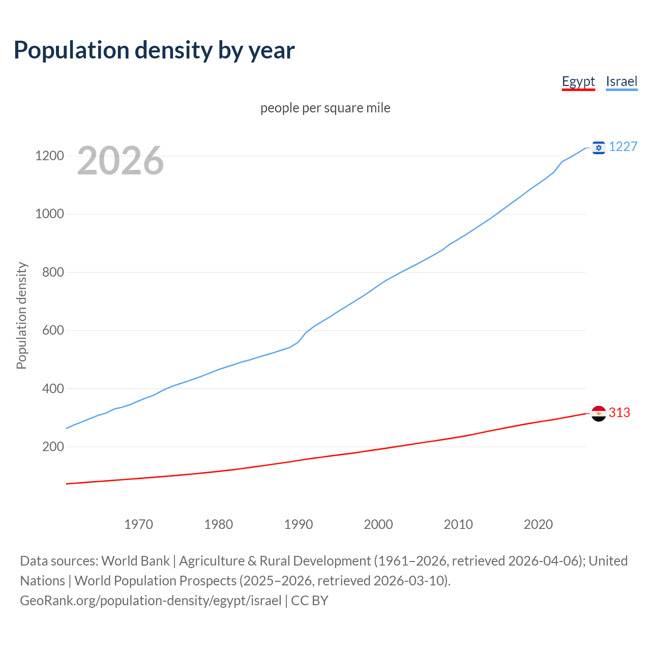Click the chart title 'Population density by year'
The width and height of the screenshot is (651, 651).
point(154,50)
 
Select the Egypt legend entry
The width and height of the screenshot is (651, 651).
point(578,81)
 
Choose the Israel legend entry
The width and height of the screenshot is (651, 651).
point(622,81)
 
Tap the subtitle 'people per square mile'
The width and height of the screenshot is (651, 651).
point(325,108)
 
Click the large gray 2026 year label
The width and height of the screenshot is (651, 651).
point(121,161)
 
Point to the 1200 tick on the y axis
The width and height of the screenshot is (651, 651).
point(49,156)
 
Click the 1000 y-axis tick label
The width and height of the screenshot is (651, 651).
point(49,214)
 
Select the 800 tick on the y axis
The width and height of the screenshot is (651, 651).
point(52,272)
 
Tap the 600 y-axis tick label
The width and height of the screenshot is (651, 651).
point(52,331)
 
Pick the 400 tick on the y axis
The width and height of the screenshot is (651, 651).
point(52,389)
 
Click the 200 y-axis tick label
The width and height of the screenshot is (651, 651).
point(52,447)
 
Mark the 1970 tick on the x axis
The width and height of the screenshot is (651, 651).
point(138,524)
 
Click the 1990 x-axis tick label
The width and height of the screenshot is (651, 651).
point(299,524)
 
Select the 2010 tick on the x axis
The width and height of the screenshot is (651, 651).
point(458,524)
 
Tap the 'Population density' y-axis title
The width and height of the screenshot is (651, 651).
point(21,315)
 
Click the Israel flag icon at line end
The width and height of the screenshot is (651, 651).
point(599,147)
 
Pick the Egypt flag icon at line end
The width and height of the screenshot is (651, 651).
point(599,413)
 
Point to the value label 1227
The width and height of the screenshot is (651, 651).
point(623,147)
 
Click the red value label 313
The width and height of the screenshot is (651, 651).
point(619,413)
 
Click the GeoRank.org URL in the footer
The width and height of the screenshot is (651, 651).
point(151,601)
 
